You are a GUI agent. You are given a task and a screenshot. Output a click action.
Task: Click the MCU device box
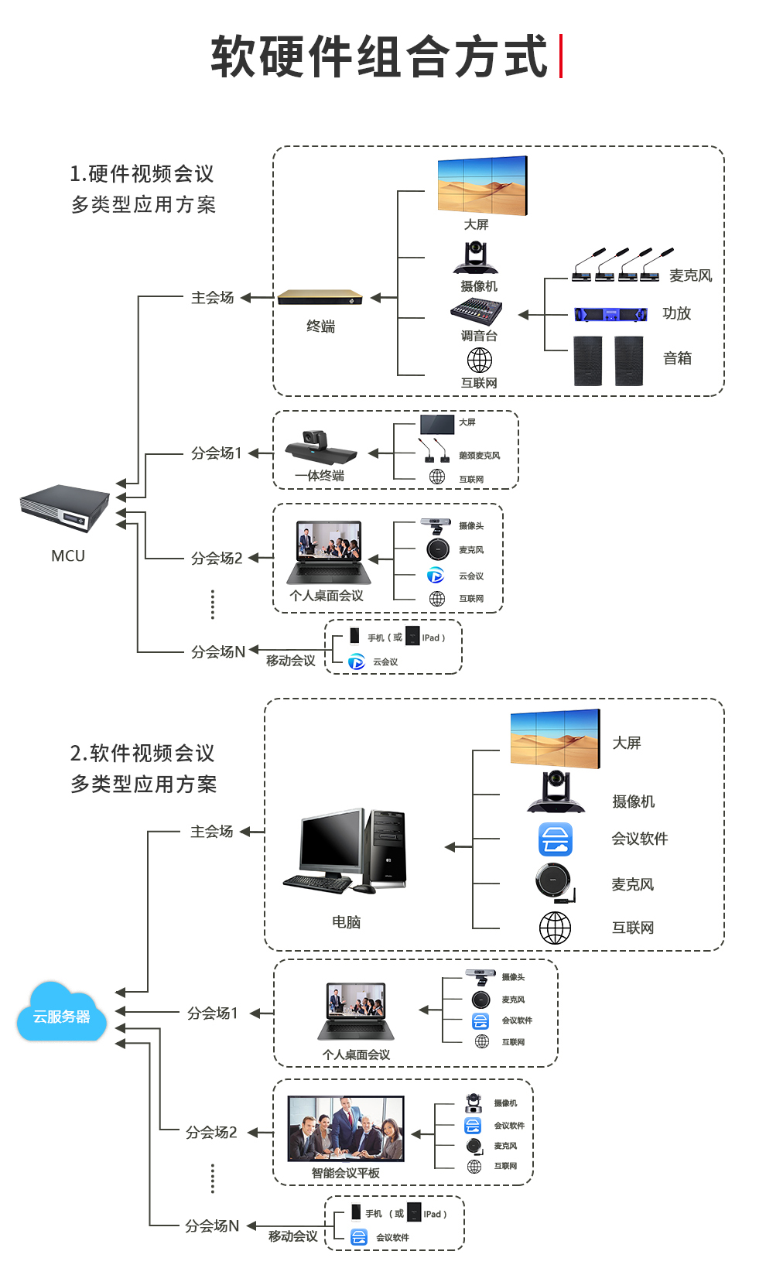(65, 508)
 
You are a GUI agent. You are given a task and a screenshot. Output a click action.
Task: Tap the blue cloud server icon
(61, 1013)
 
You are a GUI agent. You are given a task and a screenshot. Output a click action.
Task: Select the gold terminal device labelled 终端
(320, 297)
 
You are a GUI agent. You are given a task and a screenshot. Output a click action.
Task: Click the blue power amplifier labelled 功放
(610, 314)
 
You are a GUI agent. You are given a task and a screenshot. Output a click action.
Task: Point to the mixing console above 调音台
(477, 312)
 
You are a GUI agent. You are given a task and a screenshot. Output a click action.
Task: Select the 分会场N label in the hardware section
(218, 652)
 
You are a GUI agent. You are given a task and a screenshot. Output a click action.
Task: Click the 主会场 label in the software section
(212, 832)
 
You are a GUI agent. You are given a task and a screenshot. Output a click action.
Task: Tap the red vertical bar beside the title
(561, 56)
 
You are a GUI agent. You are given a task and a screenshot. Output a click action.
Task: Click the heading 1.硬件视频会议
(142, 174)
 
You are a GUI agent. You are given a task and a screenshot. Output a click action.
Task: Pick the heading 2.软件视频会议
(142, 753)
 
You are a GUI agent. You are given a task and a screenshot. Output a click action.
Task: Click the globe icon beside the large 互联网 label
(555, 928)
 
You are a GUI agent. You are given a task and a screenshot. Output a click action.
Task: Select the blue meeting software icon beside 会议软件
(556, 839)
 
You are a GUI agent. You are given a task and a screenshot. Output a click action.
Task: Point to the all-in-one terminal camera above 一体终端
(320, 446)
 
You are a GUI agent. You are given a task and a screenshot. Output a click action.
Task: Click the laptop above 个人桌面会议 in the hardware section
(329, 552)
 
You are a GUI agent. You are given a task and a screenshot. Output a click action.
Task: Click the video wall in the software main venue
(555, 739)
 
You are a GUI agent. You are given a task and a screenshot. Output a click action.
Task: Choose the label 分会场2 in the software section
(211, 1133)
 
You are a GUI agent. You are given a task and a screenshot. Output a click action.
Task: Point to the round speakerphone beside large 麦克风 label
(554, 881)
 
